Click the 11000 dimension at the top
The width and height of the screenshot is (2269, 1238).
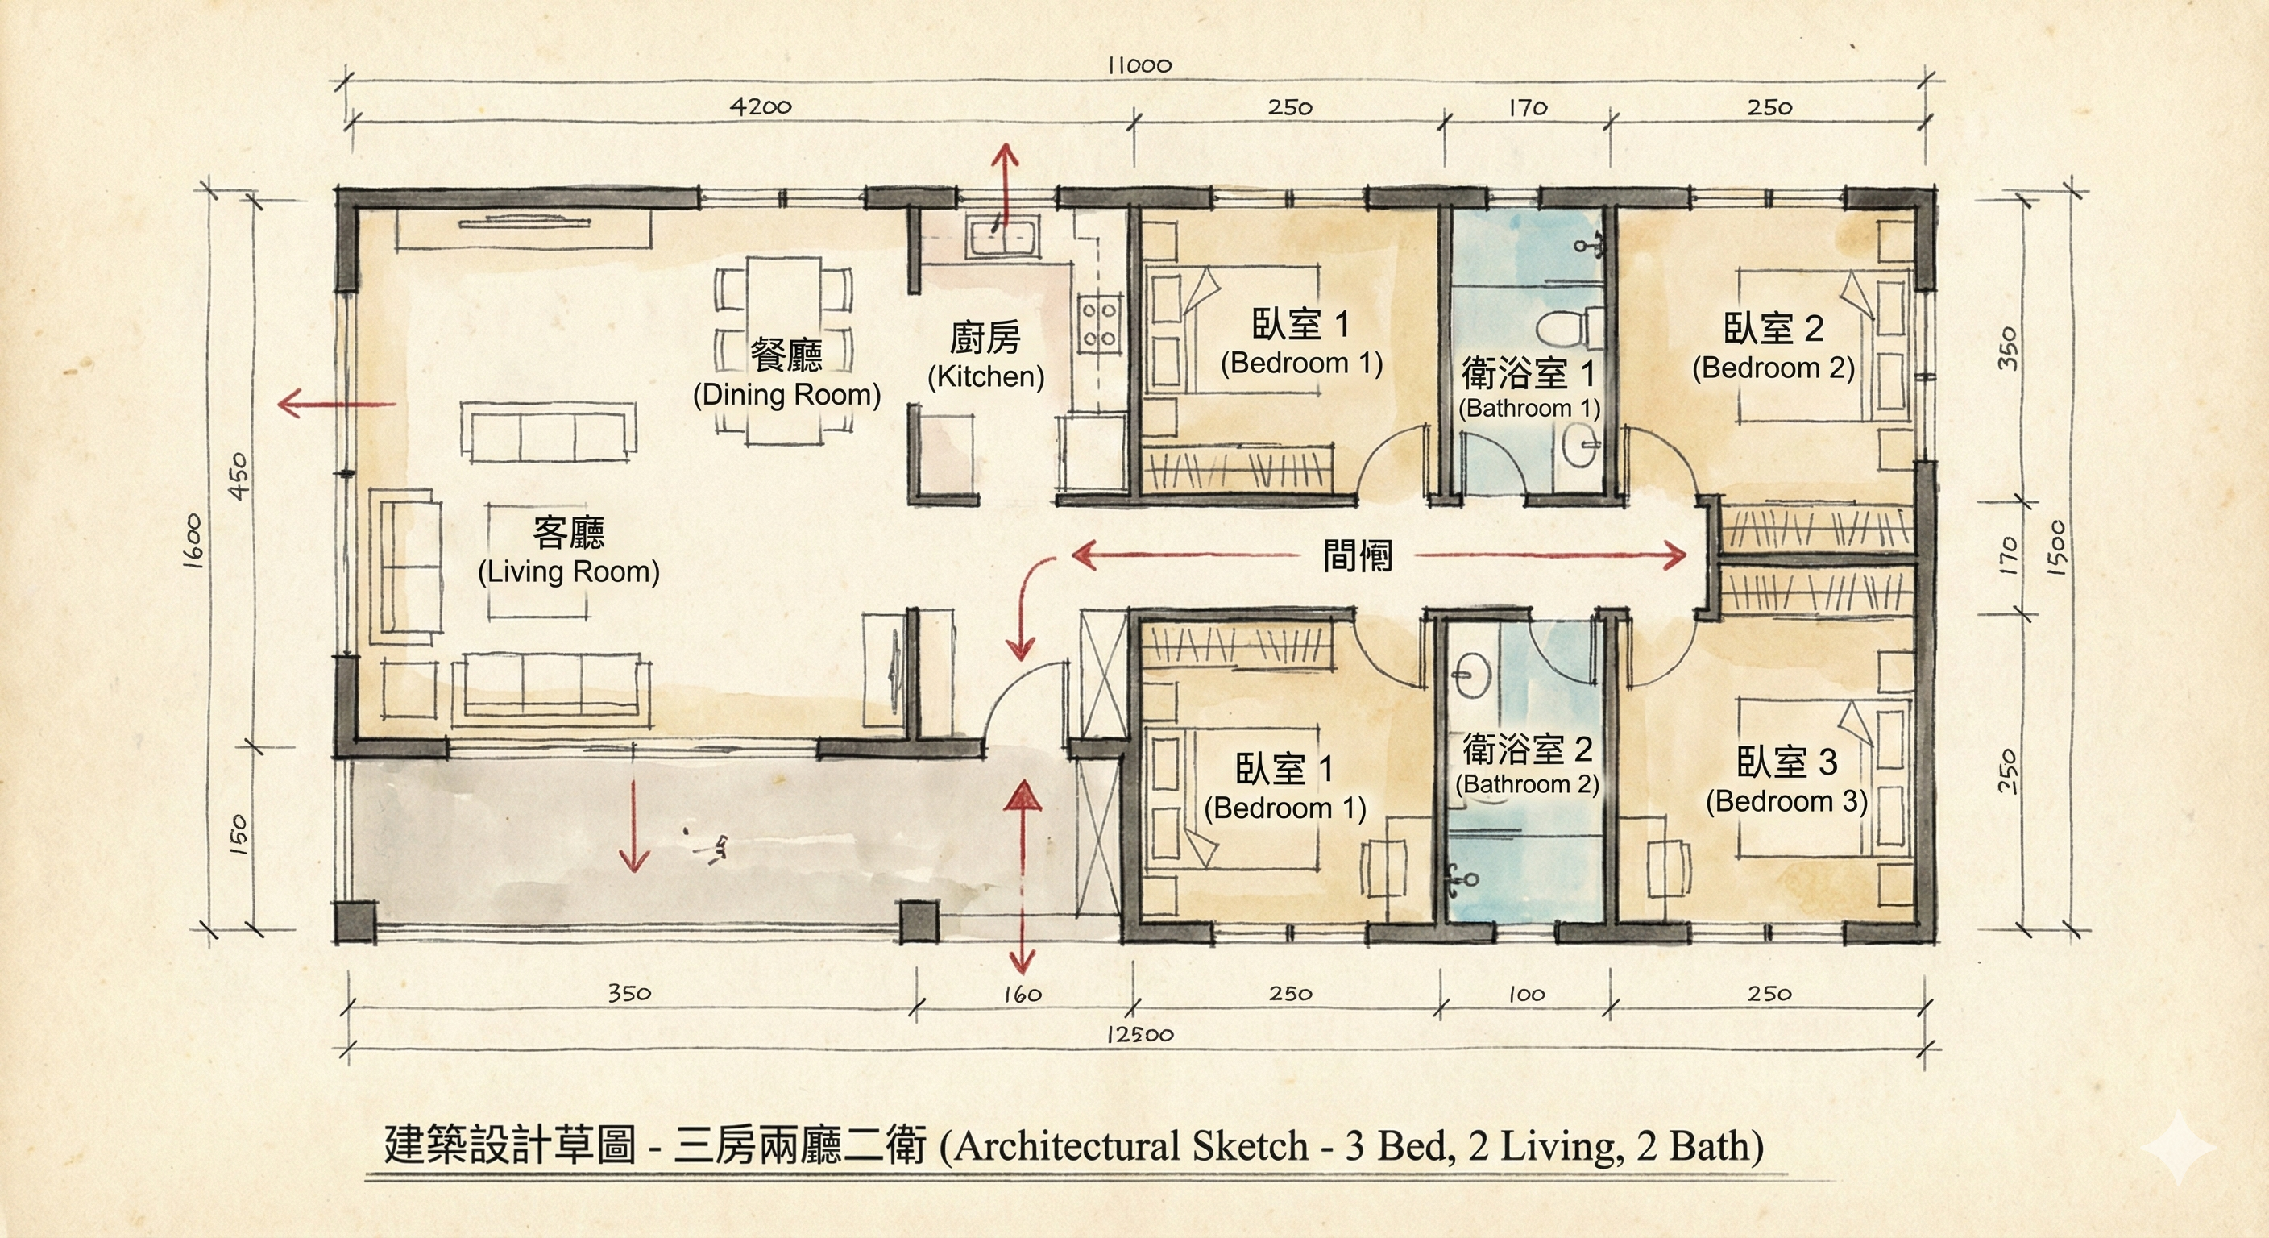point(1140,65)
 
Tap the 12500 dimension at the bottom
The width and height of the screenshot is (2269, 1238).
point(1140,1034)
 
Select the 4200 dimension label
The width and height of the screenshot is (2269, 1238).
point(761,106)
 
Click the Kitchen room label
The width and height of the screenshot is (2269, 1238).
point(985,356)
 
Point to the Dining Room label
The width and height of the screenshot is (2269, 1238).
point(786,374)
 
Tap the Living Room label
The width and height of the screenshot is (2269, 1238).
point(569,551)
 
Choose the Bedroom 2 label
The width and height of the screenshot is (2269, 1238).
point(1773,347)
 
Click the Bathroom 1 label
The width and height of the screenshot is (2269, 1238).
point(1529,388)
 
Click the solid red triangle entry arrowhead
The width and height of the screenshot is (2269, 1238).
point(1023,796)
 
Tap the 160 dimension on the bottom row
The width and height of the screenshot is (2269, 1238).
point(1023,995)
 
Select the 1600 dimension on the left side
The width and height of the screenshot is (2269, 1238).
point(193,540)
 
